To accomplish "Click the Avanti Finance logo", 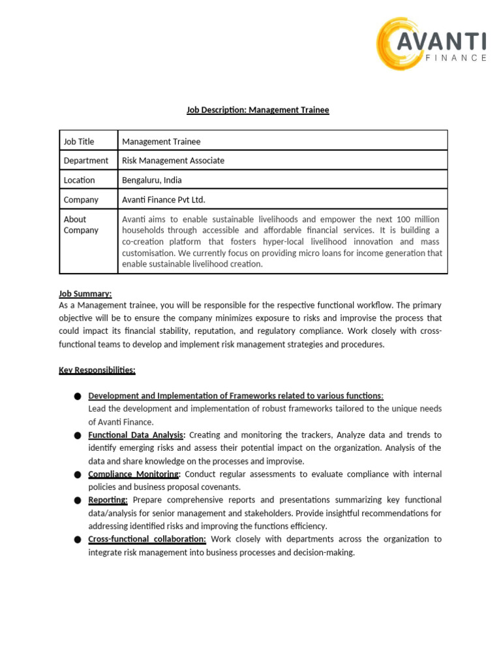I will coord(431,44).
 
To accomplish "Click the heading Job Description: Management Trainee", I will coord(258,110).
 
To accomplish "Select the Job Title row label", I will coord(79,141).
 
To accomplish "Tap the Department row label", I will coord(86,161).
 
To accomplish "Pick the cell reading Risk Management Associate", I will coord(173,161).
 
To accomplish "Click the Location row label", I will coord(79,180).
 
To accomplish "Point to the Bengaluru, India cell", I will coord(152,180).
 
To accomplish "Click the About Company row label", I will coord(81,225).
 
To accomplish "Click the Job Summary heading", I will coord(85,294).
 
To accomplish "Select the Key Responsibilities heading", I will coord(97,370).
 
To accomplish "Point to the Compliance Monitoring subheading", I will coord(134,474).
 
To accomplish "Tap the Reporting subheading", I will coord(108,500).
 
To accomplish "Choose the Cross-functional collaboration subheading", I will coord(147,540).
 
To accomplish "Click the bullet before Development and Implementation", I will coord(78,397).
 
